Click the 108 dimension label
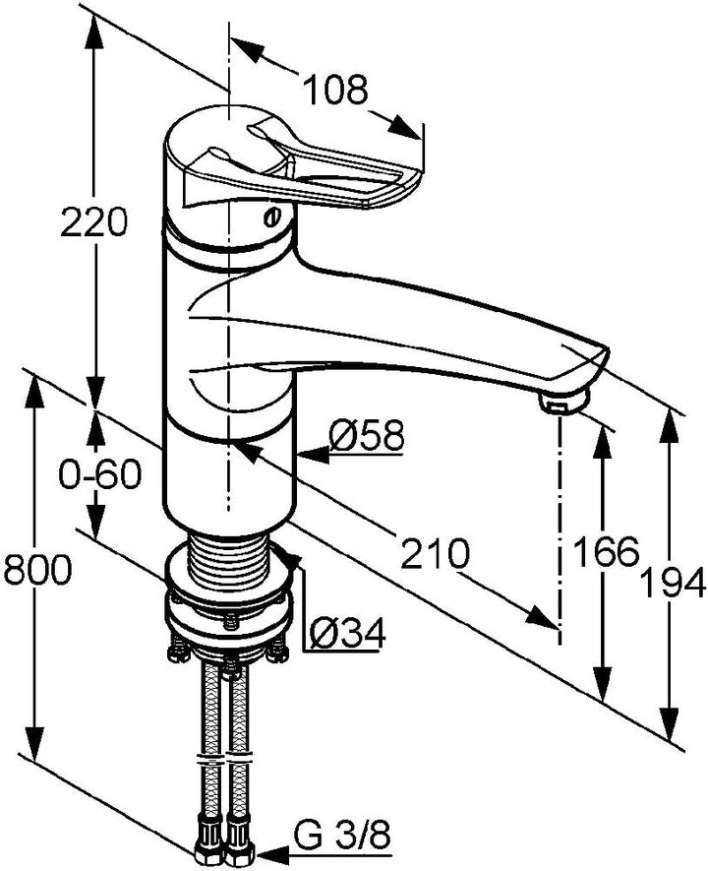337,90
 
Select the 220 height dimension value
94,221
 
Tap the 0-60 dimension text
100,475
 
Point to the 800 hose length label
37,570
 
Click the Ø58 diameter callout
366,435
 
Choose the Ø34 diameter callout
347,634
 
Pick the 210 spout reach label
436,554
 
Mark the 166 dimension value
606,551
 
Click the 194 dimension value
673,584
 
